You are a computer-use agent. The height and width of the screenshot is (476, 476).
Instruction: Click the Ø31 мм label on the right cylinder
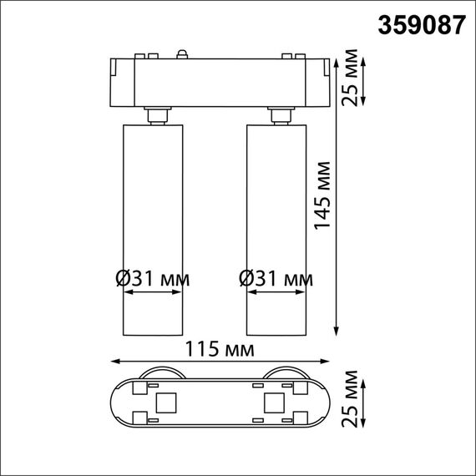pyautogui.click(x=276, y=277)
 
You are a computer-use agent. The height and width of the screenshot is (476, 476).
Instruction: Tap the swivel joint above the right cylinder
pyautogui.click(x=277, y=114)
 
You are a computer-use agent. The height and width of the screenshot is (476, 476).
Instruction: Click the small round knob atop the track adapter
pyautogui.click(x=182, y=56)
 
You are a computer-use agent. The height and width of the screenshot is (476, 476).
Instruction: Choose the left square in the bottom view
pyautogui.click(x=166, y=403)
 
